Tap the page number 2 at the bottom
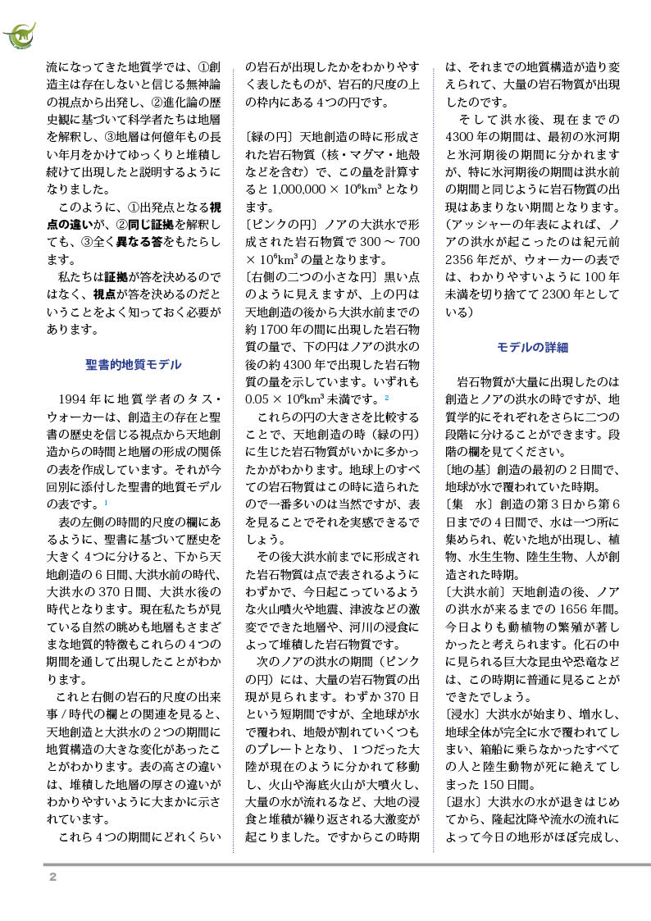click(52, 877)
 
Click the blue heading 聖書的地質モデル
click(134, 364)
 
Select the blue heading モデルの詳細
click(532, 347)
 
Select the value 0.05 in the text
click(261, 398)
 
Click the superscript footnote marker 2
click(386, 398)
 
